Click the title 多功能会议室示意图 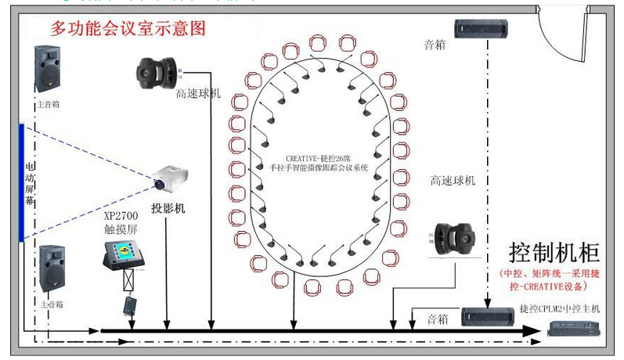tap(128, 29)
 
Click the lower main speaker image tap(52, 268)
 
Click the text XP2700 tap(121, 215)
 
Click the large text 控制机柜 tap(554, 253)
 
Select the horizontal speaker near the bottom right tap(489, 316)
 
